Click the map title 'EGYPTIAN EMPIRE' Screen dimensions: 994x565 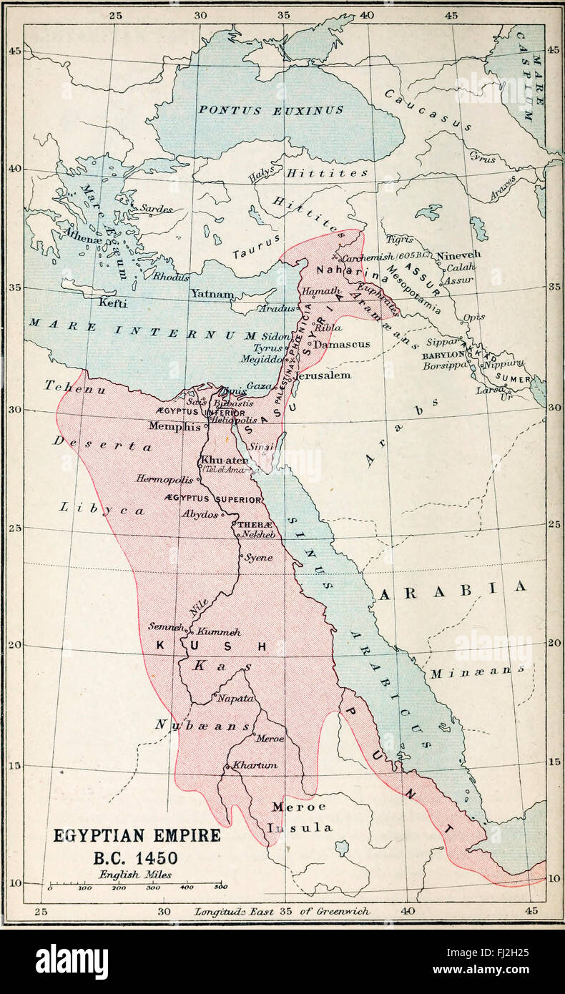[137, 835]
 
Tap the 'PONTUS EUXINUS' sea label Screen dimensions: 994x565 [270, 110]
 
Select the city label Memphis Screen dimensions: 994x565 [174, 426]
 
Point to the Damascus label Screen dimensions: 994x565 [342, 344]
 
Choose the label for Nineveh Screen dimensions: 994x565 [458, 255]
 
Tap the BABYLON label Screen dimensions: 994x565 [443, 355]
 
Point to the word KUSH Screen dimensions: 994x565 [212, 646]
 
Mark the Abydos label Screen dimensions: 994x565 [200, 514]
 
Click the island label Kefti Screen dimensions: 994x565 [113, 303]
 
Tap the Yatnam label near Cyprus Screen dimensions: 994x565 [211, 294]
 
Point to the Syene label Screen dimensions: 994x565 [258, 557]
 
